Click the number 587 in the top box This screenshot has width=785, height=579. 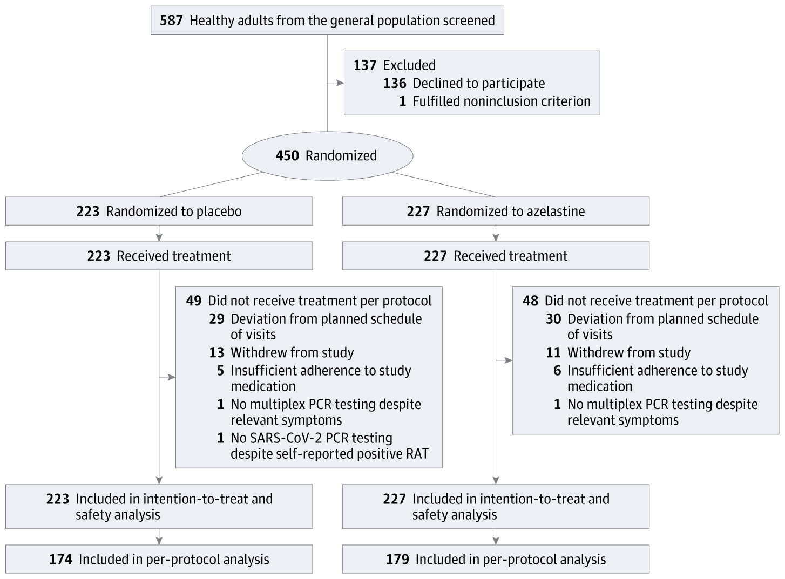coord(172,21)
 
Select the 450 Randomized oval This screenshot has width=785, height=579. coord(327,156)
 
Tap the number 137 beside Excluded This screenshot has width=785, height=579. coord(365,65)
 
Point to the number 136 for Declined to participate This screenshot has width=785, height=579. coord(395,83)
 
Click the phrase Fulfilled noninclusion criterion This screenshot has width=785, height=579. coord(502,101)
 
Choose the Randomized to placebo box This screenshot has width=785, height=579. coord(159,211)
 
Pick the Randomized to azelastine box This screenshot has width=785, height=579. coord(496,211)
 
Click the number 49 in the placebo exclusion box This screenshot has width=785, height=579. coord(194,301)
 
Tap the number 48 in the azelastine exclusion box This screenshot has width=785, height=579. coord(531,301)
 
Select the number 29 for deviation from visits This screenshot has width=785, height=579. coord(216,319)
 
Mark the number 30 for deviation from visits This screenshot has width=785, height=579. coord(553,319)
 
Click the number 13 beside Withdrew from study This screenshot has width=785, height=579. coord(216,353)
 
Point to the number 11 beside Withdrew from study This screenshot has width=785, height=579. coord(553,353)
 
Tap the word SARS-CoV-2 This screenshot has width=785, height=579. coord(290,438)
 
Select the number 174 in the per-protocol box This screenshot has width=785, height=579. coord(60,560)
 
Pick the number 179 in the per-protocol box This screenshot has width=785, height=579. coord(397,560)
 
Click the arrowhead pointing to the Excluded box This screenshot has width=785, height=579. coord(340,83)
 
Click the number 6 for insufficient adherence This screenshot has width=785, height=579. coord(557,371)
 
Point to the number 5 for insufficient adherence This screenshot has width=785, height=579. coord(220,371)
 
